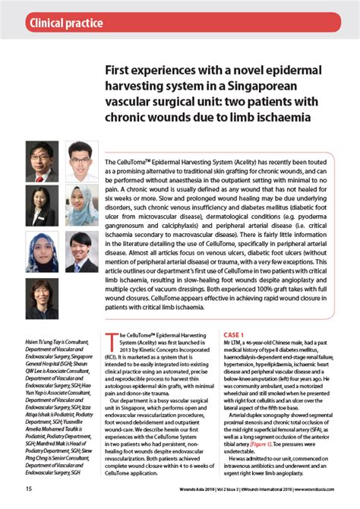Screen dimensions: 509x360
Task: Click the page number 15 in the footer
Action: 29,488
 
